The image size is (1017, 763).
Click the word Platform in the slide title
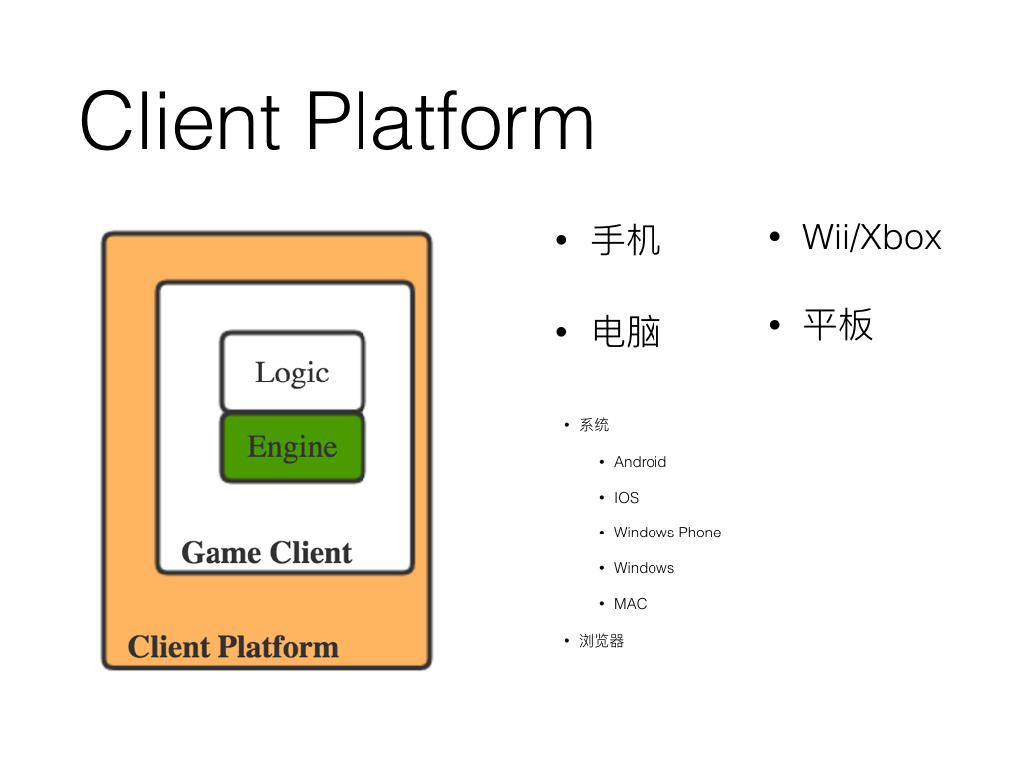pos(449,121)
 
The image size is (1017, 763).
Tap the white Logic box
pos(292,372)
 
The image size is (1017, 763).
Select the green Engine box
pos(292,447)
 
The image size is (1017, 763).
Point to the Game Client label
pos(266,552)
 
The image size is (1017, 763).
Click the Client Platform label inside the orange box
pos(233,647)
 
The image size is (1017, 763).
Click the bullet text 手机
pos(626,240)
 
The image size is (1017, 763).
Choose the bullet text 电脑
pos(626,331)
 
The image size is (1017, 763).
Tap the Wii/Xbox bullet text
pos(871,237)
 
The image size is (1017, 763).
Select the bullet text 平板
pos(838,325)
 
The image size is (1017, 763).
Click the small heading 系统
pos(594,425)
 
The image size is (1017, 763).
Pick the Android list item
pos(640,462)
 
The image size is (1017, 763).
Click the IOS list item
pos(626,498)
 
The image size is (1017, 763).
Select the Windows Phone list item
pos(666,533)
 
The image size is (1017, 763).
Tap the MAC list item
pos(630,604)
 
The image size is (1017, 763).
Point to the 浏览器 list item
pos(601,641)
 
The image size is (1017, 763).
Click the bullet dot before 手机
pos(561,240)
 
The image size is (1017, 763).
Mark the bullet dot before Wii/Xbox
pos(774,237)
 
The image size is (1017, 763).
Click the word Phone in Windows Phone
pos(699,533)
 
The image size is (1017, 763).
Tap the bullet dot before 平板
pos(774,325)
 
